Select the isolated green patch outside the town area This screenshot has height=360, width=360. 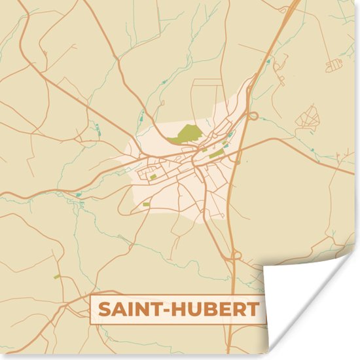point(56,277)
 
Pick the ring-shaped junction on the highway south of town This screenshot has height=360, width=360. point(236,255)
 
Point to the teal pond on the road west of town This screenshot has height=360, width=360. point(78,194)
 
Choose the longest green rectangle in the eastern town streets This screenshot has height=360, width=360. point(217,154)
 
